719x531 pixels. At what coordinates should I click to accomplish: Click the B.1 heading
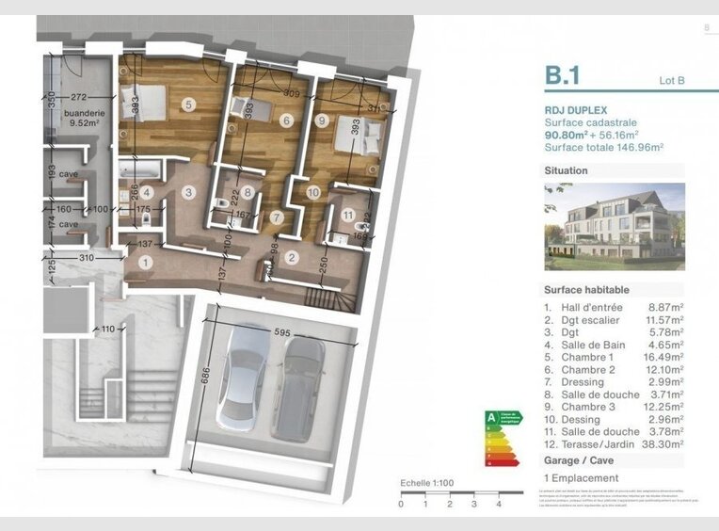562,75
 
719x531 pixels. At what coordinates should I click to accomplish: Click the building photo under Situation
614,226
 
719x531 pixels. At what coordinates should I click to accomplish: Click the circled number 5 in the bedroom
189,105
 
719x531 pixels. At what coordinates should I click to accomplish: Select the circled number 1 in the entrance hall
144,264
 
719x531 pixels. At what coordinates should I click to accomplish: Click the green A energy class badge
490,416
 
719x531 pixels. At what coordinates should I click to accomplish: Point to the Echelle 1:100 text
427,483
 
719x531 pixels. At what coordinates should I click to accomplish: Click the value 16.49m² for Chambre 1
663,357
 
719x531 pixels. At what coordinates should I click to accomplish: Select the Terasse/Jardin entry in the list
593,443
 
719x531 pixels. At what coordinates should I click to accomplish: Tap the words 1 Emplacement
581,478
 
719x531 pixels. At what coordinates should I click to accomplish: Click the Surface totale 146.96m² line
603,148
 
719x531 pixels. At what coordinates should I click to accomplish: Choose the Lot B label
672,80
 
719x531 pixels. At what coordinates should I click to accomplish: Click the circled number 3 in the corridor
189,193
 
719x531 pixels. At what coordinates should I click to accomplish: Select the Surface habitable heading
586,290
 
